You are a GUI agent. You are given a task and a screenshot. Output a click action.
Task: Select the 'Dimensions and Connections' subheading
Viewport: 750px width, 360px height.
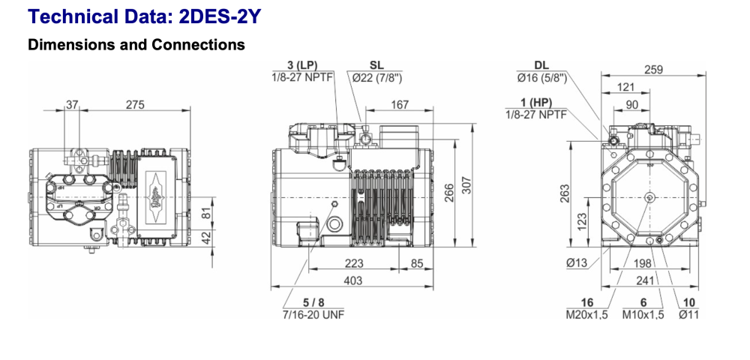coord(136,45)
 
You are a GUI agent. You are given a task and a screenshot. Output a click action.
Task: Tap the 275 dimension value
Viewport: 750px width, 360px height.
coord(135,104)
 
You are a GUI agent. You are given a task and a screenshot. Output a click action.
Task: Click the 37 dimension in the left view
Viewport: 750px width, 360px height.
coord(72,104)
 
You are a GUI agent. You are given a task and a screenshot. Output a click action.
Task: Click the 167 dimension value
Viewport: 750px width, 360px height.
coord(400,104)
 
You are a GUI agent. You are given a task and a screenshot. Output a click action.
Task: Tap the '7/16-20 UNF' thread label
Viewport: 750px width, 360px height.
coord(313,315)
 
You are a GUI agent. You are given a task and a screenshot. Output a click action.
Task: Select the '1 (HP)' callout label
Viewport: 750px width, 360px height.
coord(536,102)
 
